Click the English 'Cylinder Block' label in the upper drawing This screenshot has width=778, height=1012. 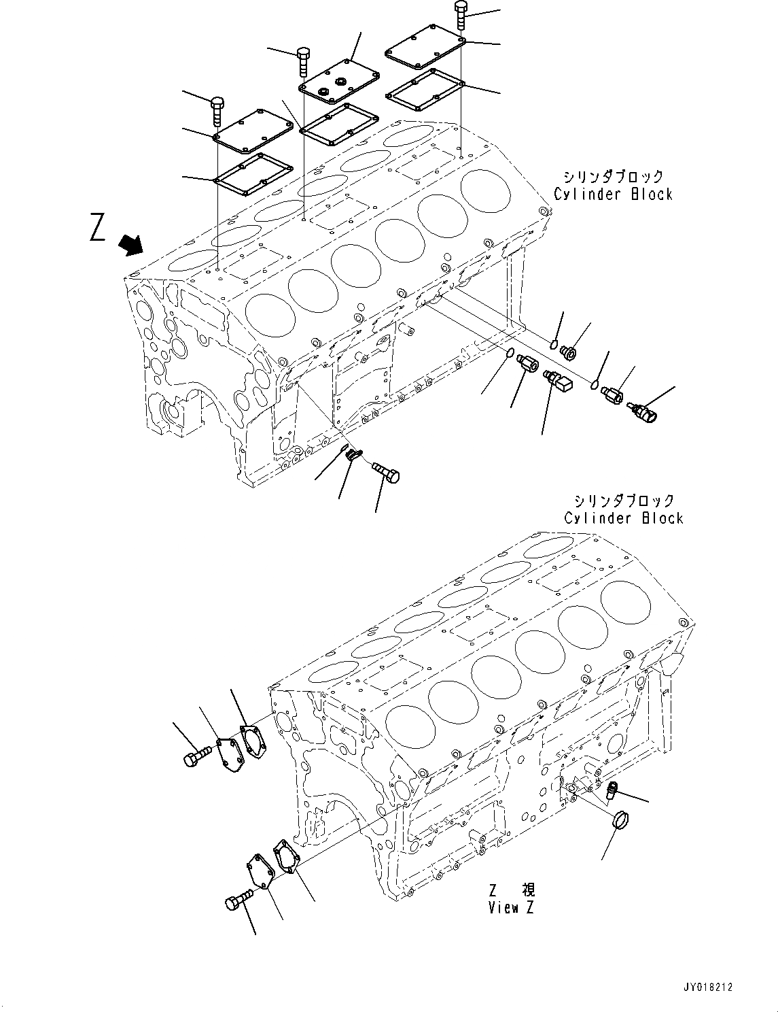(613, 194)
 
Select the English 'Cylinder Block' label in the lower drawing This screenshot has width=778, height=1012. (623, 518)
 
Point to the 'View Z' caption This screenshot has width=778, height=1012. (511, 907)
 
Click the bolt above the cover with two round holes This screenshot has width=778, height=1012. (304, 62)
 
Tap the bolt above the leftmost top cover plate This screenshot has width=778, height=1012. (217, 111)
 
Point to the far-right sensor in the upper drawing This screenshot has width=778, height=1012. (643, 411)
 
